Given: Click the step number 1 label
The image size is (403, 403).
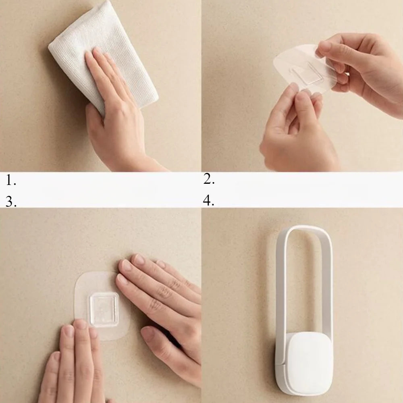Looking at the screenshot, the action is [x=11, y=181].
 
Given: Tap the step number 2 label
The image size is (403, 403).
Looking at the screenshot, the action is [x=209, y=179].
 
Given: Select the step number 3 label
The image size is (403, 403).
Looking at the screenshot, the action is [x=11, y=201].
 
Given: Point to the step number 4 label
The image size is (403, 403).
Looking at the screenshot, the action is [x=208, y=200].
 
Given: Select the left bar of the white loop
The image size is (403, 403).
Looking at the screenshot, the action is [x=280, y=288].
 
